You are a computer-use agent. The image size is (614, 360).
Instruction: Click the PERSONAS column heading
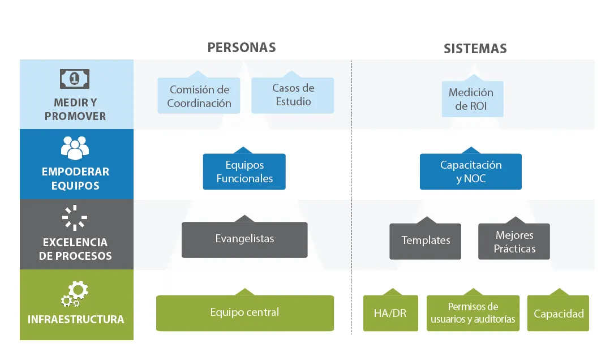(242, 48)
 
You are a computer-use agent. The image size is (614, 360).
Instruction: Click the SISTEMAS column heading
(475, 49)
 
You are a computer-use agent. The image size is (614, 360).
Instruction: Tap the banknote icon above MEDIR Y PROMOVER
(75, 79)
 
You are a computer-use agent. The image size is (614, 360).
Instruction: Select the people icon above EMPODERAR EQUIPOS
(75, 148)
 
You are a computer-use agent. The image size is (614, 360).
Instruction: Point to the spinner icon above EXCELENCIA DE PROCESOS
(75, 218)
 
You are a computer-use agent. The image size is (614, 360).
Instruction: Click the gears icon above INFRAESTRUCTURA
(75, 293)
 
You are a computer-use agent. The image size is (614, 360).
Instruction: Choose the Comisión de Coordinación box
(199, 96)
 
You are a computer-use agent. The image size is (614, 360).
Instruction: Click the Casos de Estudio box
(293, 95)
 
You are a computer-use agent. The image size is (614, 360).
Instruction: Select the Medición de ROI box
(471, 99)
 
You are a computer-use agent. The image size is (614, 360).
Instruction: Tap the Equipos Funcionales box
(244, 172)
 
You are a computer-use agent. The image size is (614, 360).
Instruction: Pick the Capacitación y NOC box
(471, 172)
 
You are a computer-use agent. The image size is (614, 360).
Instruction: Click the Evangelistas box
(244, 239)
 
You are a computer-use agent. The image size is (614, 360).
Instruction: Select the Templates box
(426, 241)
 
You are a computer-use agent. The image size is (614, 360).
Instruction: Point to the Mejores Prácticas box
(514, 242)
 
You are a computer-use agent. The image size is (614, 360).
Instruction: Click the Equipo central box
(244, 312)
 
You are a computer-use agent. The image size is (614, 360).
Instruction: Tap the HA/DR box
(390, 313)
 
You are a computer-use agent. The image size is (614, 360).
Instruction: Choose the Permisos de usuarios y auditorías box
(473, 313)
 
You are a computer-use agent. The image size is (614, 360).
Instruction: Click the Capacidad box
(558, 314)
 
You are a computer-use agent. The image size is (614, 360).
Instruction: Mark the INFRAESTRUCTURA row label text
(76, 319)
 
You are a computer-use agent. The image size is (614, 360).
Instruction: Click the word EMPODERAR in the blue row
(75, 172)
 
